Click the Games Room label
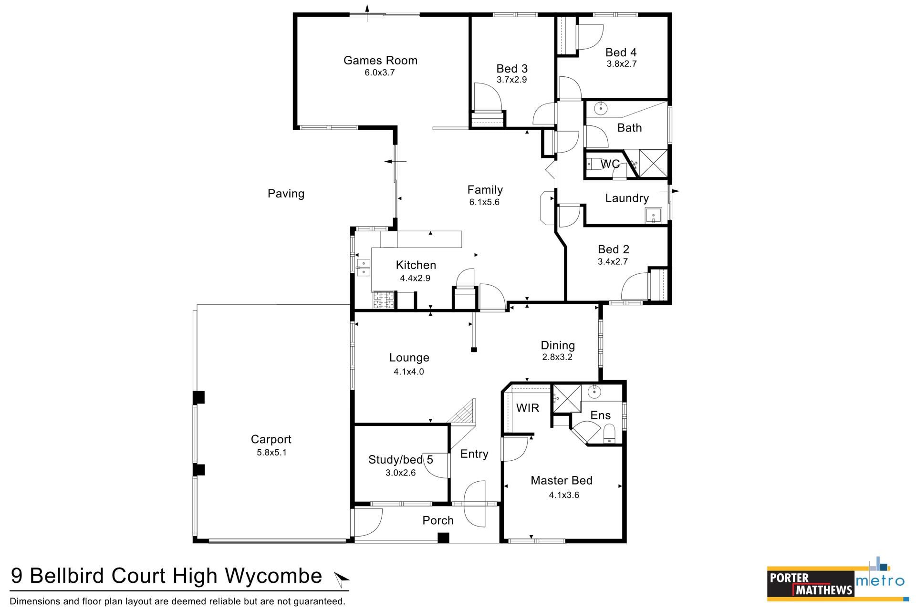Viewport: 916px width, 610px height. [380, 61]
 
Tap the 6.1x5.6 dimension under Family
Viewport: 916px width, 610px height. [484, 202]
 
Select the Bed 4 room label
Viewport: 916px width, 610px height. [621, 52]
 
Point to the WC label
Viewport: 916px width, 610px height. [610, 164]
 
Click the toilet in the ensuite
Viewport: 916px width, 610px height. [610, 434]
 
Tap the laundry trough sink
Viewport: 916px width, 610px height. [653, 216]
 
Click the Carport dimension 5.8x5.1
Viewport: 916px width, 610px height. [271, 453]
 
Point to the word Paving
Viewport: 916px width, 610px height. [286, 194]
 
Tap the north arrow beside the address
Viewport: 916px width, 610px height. [342, 579]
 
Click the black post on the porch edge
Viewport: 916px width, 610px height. [444, 538]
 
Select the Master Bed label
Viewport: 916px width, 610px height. [562, 481]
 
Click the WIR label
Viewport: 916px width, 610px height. [528, 408]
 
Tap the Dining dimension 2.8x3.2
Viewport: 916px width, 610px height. [557, 357]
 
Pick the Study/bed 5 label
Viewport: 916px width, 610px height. [401, 460]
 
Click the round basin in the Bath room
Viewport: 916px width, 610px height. [601, 108]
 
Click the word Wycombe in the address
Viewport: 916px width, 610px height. [273, 576]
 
